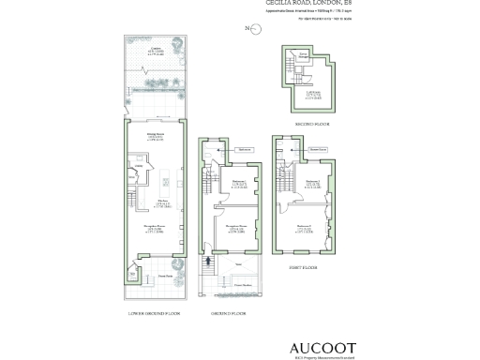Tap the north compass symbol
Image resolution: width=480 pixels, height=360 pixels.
click(249, 29)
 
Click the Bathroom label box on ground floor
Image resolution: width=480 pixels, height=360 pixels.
click(243, 149)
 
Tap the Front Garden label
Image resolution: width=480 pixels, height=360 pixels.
click(243, 284)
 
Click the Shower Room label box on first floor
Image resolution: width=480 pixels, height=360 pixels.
click(317, 149)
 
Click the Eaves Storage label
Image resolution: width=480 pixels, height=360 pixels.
click(303, 58)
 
